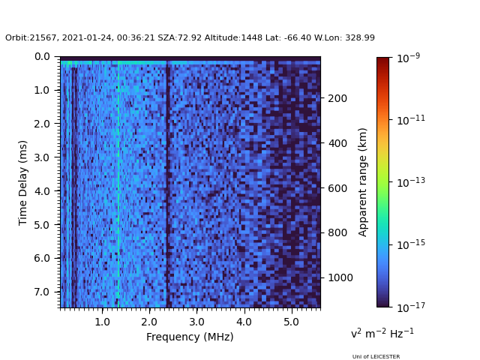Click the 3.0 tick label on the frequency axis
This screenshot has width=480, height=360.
pyautogui.click(x=196, y=322)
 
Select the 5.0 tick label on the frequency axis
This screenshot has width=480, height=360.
pyautogui.click(x=290, y=322)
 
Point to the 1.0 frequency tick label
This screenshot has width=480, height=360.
pyautogui.click(x=102, y=322)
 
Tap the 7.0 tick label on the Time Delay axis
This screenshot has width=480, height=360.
pyautogui.click(x=42, y=292)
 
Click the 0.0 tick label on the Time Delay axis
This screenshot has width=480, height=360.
pyautogui.click(x=42, y=56)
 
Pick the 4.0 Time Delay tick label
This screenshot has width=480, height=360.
pyautogui.click(x=42, y=191)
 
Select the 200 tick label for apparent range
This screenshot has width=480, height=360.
pyautogui.click(x=337, y=98)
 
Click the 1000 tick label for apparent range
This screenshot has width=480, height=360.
pyautogui.click(x=340, y=277)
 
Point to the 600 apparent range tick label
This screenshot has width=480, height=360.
pyautogui.click(x=337, y=188)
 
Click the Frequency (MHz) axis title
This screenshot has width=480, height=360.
pyautogui.click(x=190, y=337)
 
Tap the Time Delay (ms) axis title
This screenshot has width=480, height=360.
pyautogui.click(x=23, y=182)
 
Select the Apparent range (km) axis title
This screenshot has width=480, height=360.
pyautogui.click(x=363, y=182)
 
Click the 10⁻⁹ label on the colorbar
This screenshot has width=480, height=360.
pyautogui.click(x=409, y=57)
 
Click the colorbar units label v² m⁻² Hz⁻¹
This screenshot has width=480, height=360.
pyautogui.click(x=382, y=333)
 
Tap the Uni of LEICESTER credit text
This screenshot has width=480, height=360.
pyautogui.click(x=376, y=357)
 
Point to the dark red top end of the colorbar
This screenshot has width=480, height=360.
pyautogui.click(x=383, y=60)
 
